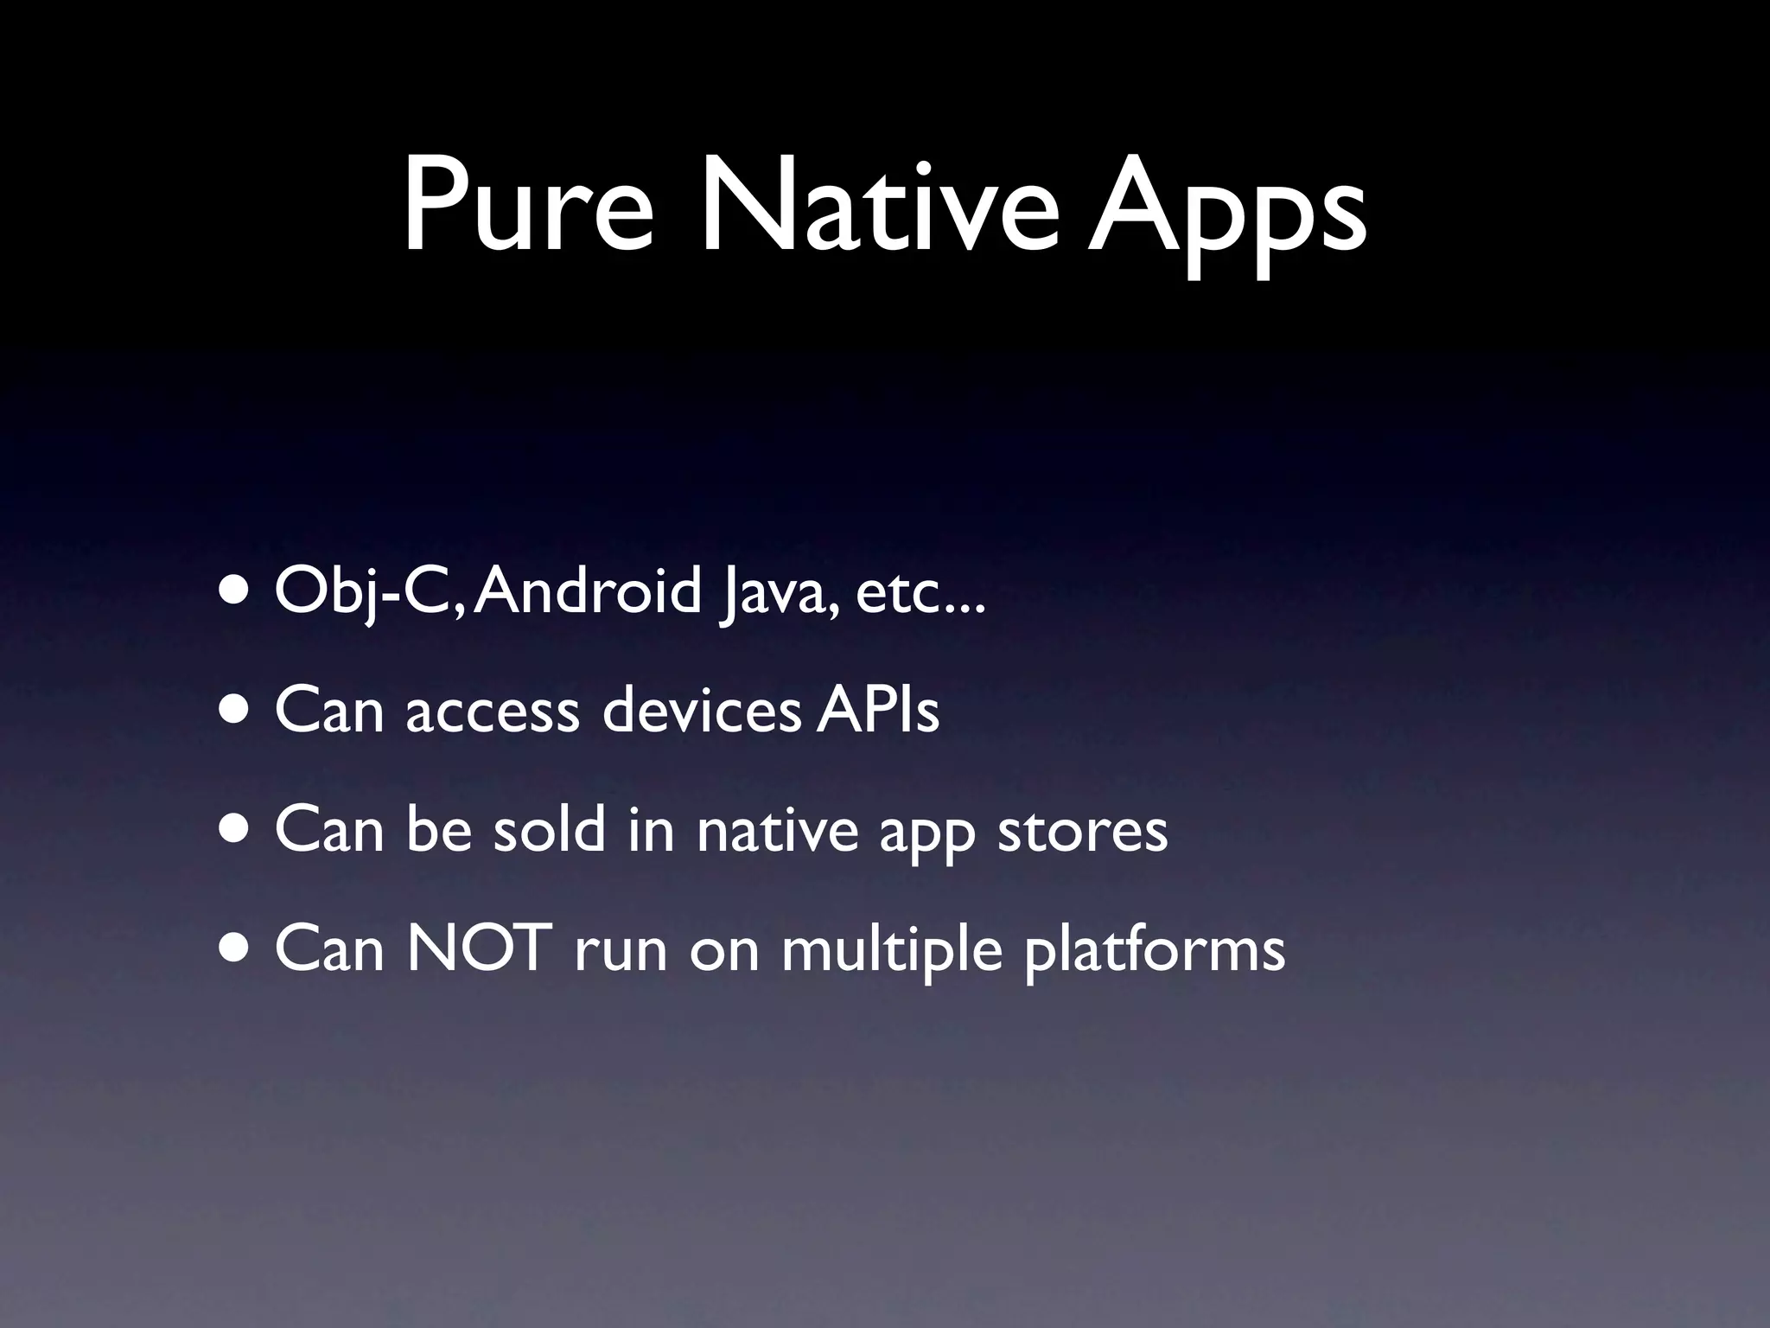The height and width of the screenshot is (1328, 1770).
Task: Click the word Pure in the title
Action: tap(528, 208)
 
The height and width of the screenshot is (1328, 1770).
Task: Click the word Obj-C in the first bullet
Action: tap(371, 593)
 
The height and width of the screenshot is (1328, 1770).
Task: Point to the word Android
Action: tap(587, 591)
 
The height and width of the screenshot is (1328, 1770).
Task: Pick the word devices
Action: tap(701, 711)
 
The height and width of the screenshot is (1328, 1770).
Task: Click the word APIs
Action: tap(877, 711)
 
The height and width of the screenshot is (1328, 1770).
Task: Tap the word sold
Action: tap(549, 830)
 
